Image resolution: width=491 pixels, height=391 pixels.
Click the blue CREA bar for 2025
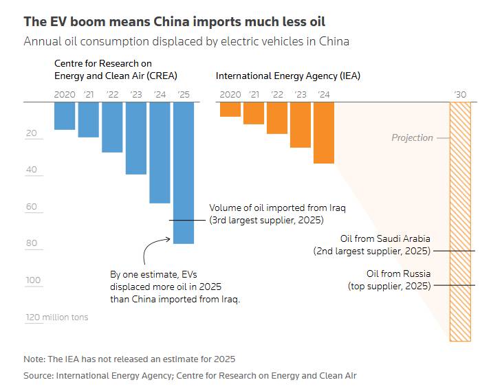point(184,172)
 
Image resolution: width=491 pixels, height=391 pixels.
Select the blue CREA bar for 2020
point(65,115)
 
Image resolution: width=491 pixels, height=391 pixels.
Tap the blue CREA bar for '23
point(136,137)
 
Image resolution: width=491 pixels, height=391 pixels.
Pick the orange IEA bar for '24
point(324,133)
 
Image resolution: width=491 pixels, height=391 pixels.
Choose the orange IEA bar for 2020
point(230,109)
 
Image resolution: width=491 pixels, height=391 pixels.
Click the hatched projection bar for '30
point(460,221)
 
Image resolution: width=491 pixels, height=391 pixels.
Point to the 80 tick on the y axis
point(32,243)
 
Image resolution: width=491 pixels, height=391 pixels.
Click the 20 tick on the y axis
point(32,133)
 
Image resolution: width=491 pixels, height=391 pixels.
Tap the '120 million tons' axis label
point(57,317)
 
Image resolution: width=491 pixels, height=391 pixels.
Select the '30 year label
point(461,94)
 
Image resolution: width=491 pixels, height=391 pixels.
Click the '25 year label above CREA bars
point(184,94)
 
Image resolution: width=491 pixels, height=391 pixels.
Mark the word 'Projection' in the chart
point(412,137)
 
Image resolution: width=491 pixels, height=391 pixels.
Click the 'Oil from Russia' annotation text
point(398,273)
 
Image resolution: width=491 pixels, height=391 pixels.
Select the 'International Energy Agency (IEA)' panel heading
point(287,76)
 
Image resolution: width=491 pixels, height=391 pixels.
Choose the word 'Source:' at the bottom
point(39,375)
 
